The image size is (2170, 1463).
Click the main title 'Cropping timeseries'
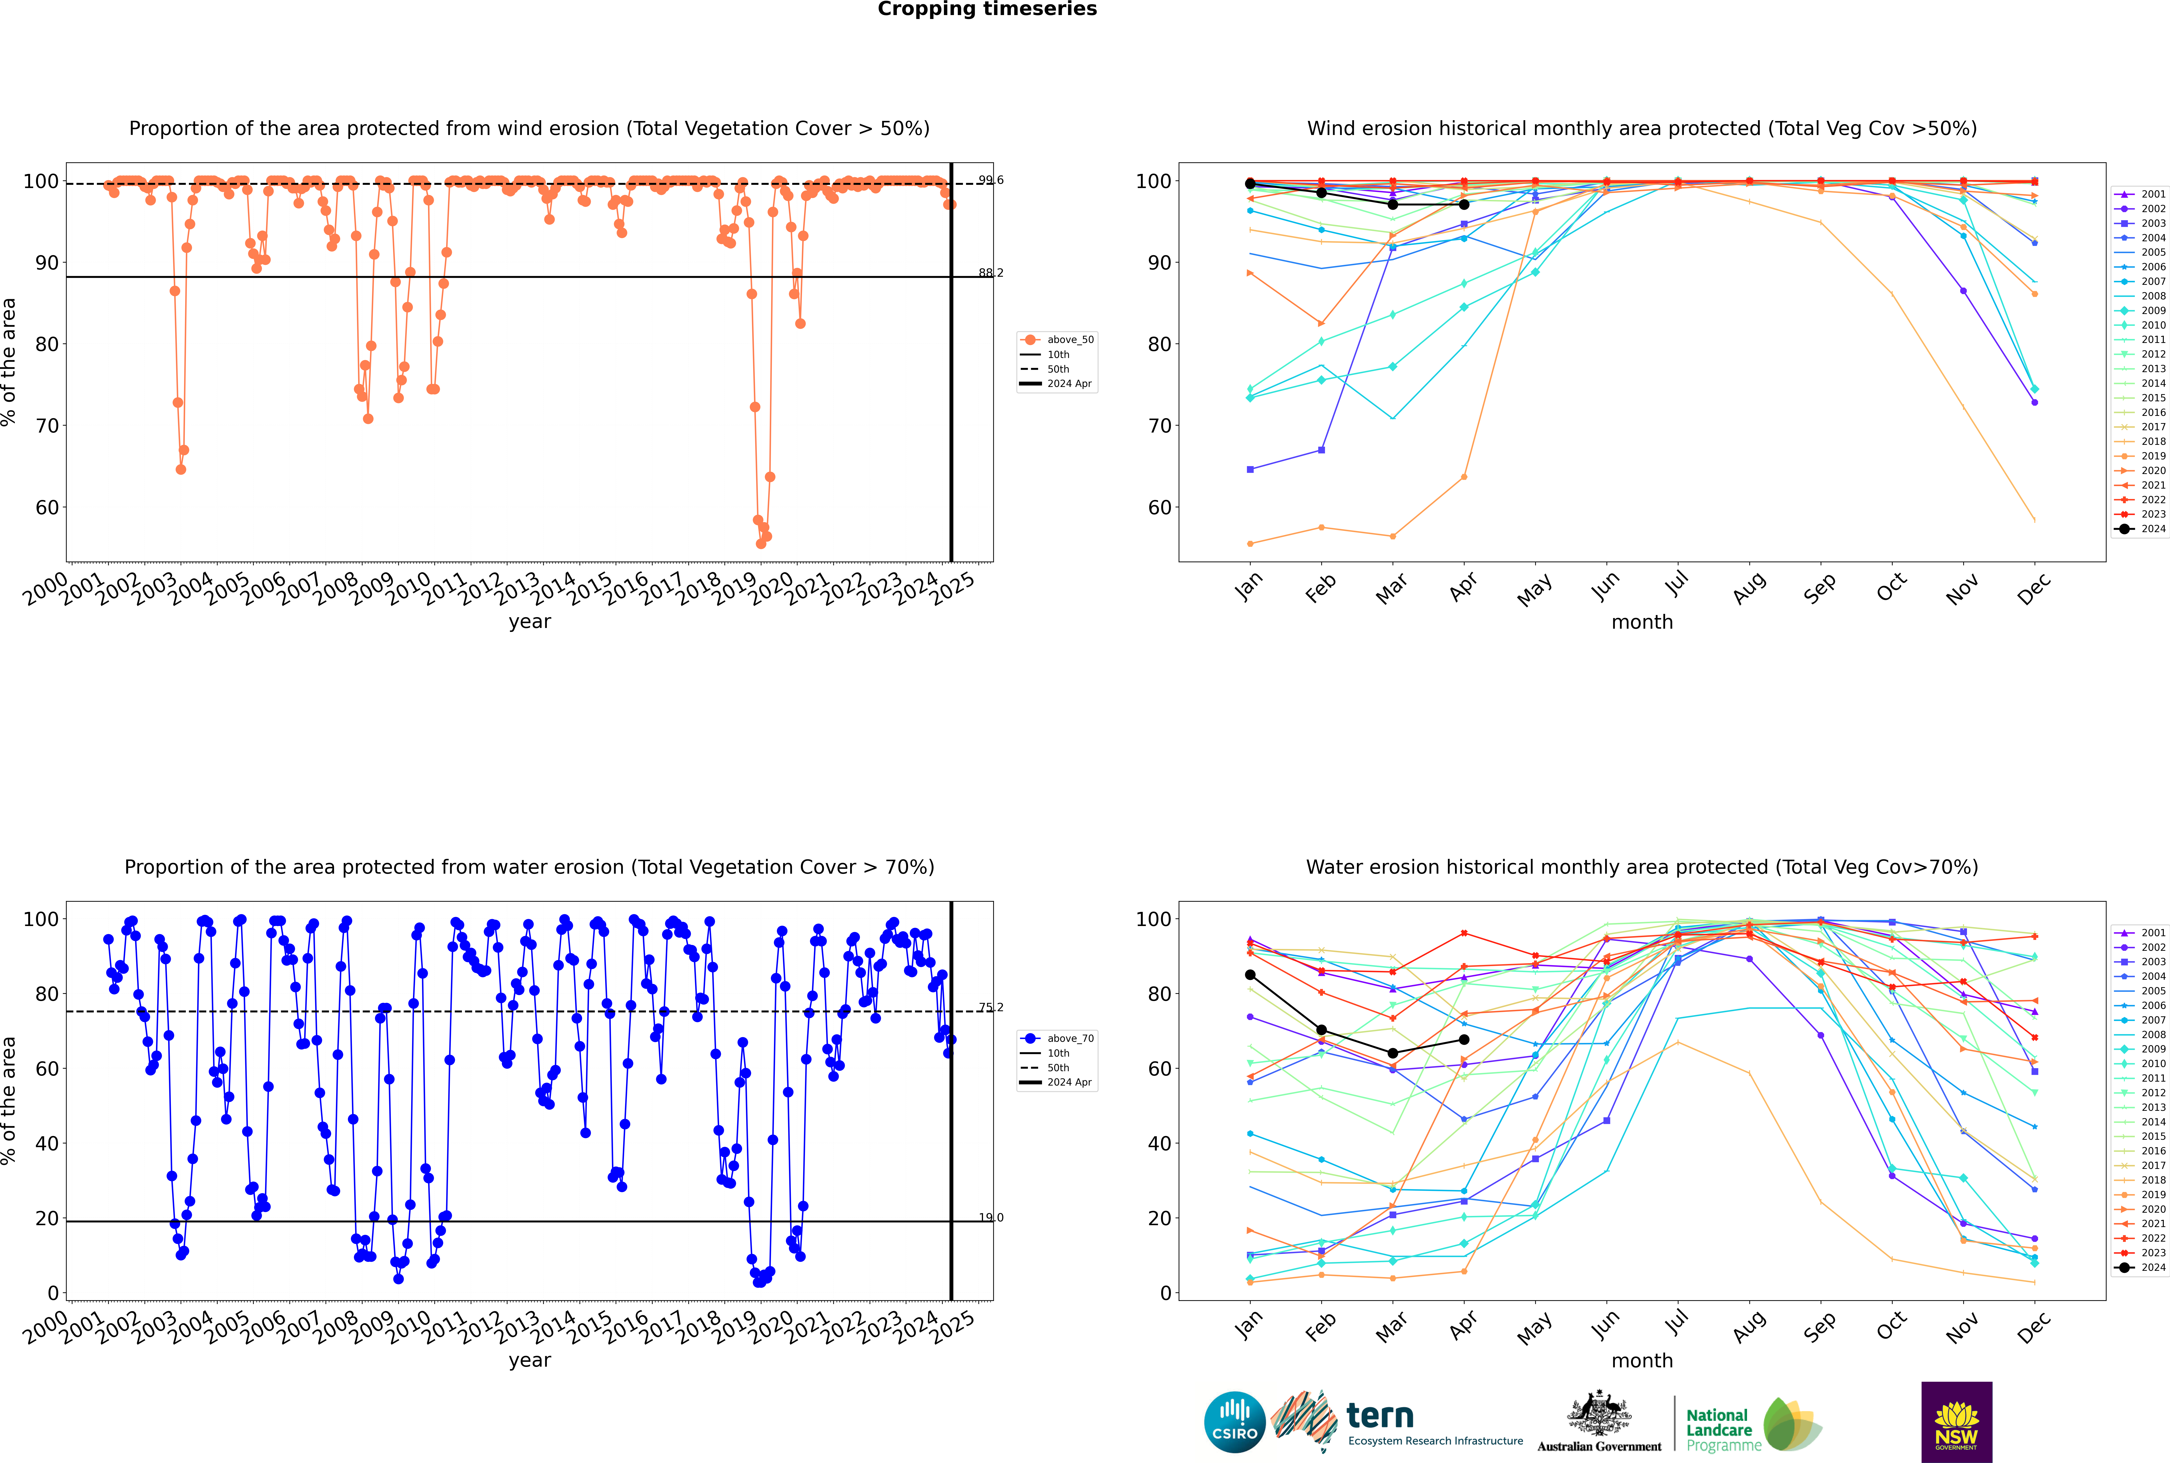tap(987, 9)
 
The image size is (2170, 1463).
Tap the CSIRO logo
tap(1234, 1422)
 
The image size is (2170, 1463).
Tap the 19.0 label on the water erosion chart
tap(991, 1218)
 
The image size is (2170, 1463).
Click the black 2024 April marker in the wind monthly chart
tap(1464, 204)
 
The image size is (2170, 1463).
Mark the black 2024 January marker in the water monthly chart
tap(1250, 975)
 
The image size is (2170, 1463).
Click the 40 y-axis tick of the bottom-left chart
tap(47, 1144)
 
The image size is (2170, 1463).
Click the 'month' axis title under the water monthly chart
tap(1642, 1361)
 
